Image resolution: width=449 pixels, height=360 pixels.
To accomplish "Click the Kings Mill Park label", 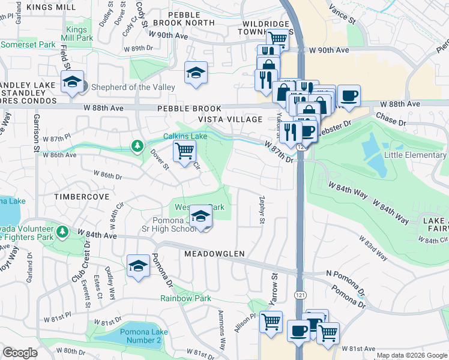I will tap(79, 34).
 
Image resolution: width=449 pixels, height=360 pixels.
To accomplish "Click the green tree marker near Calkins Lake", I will tap(137, 146).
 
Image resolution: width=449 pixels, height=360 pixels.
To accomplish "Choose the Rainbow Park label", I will tap(185, 298).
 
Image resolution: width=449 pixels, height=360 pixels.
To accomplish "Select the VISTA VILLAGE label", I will tap(234, 119).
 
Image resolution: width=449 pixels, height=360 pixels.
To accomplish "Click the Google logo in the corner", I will tap(20, 353).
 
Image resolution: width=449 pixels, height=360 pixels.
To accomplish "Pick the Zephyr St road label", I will tap(262, 210).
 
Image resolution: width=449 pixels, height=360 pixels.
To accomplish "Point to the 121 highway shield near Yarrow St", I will tap(298, 295).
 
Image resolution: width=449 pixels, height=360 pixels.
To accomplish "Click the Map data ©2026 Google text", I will tap(411, 355).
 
